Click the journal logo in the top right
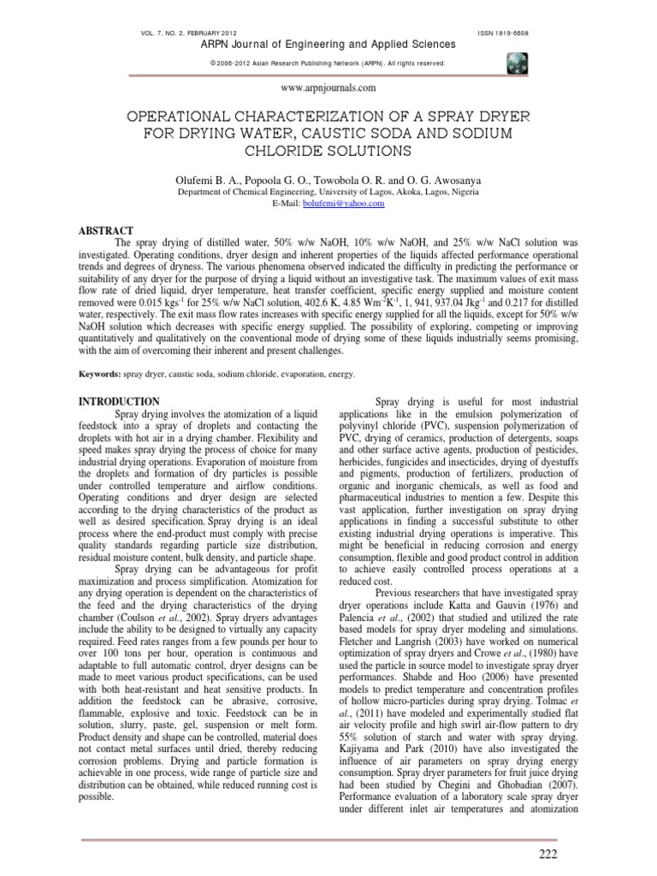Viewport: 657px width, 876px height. pyautogui.click(x=518, y=62)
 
